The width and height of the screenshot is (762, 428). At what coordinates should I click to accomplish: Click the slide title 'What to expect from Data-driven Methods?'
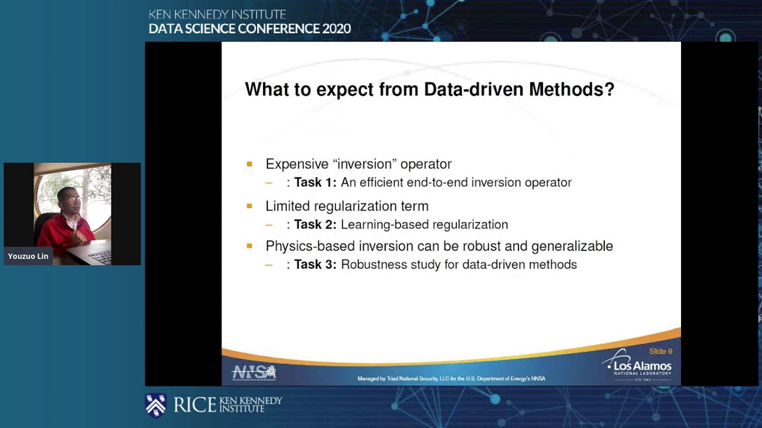tap(429, 90)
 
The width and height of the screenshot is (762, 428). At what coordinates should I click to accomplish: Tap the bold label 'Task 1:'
tap(315, 182)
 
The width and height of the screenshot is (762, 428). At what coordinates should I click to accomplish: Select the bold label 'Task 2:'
tap(315, 225)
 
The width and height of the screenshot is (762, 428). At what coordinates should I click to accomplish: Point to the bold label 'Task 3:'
tap(315, 265)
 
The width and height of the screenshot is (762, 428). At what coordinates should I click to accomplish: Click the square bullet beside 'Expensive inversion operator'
tap(249, 164)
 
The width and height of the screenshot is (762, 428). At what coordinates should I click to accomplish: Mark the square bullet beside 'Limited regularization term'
tap(249, 206)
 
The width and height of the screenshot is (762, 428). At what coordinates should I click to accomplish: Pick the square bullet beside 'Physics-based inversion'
tap(249, 246)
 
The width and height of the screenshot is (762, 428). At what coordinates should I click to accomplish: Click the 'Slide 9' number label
tap(660, 351)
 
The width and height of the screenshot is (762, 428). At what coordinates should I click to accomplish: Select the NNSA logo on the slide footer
tap(254, 373)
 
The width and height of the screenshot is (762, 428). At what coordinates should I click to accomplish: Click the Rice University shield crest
tap(156, 405)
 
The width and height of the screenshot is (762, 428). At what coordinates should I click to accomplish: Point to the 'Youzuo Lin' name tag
tap(28, 256)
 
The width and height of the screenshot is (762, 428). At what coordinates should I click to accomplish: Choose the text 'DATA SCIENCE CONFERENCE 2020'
tap(249, 29)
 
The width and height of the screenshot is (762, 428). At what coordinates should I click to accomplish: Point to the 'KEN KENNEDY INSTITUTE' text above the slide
tap(217, 14)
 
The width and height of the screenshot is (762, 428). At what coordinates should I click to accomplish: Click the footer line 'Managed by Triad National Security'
tap(451, 379)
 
